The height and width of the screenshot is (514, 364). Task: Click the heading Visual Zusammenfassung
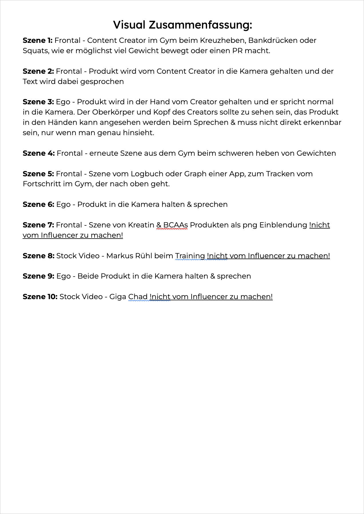point(182,25)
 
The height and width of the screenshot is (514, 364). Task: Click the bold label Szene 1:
point(37,41)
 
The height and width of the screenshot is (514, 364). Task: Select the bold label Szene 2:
point(38,71)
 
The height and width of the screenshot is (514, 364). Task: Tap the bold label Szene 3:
point(38,102)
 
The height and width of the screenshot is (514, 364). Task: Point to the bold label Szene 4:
point(39,153)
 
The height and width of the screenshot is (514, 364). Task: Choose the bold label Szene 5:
point(38,174)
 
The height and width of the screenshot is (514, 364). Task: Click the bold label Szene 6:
point(38,205)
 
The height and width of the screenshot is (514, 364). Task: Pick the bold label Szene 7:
point(38,225)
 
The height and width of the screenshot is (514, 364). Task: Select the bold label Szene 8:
point(39,256)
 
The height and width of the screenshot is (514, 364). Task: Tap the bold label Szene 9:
point(39,276)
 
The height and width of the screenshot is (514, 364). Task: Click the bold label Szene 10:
point(40,297)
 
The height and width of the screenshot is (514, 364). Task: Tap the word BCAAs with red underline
point(176,225)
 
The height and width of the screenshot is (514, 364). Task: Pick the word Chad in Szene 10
point(138,297)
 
